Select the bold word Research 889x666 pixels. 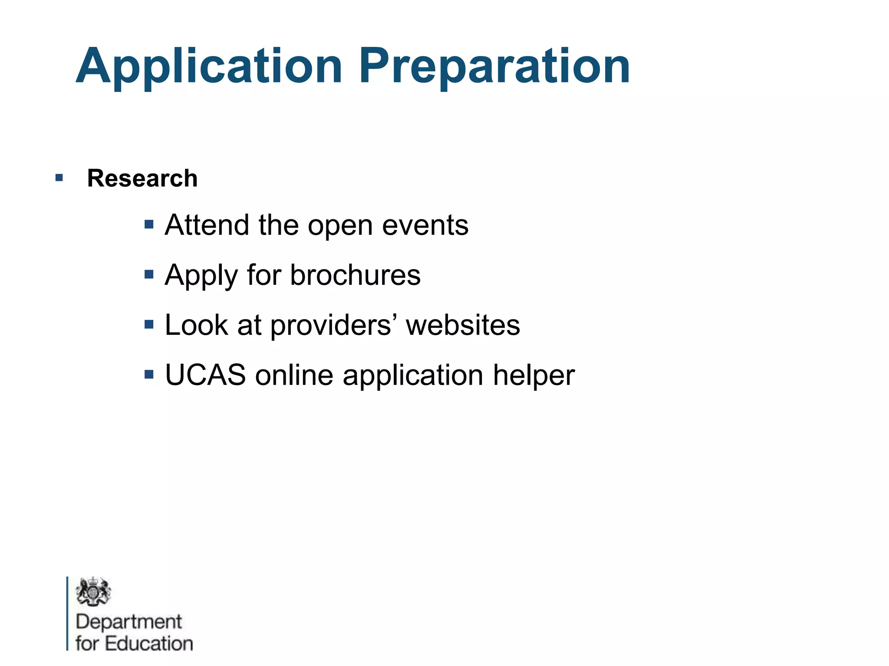point(142,178)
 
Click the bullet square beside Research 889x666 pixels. point(59,177)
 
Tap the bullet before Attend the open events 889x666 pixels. point(149,225)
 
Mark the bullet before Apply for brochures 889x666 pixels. point(149,274)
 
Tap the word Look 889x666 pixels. point(197,325)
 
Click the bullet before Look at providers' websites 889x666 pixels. point(149,324)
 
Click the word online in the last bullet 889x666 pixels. point(294,375)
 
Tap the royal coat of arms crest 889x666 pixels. point(93,591)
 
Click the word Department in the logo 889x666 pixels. point(129,622)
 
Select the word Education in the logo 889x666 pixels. point(149,643)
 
